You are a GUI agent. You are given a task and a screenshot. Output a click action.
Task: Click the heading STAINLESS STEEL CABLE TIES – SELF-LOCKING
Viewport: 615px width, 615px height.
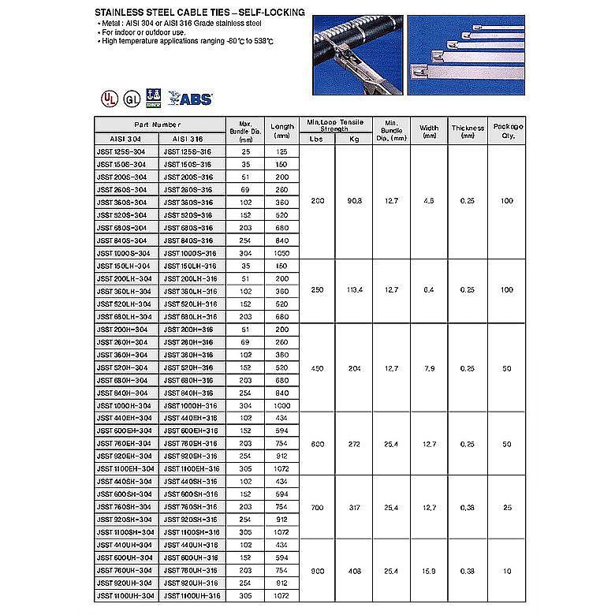[199, 13]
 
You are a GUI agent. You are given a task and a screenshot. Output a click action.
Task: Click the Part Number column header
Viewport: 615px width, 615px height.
[158, 125]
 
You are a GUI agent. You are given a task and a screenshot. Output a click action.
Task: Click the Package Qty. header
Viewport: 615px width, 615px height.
[507, 131]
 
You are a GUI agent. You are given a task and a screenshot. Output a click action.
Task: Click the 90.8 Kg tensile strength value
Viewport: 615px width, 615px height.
[354, 202]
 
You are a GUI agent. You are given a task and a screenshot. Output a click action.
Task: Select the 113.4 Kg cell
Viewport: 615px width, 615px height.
[354, 291]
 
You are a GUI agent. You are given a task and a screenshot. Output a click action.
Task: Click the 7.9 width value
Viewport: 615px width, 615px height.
[429, 367]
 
